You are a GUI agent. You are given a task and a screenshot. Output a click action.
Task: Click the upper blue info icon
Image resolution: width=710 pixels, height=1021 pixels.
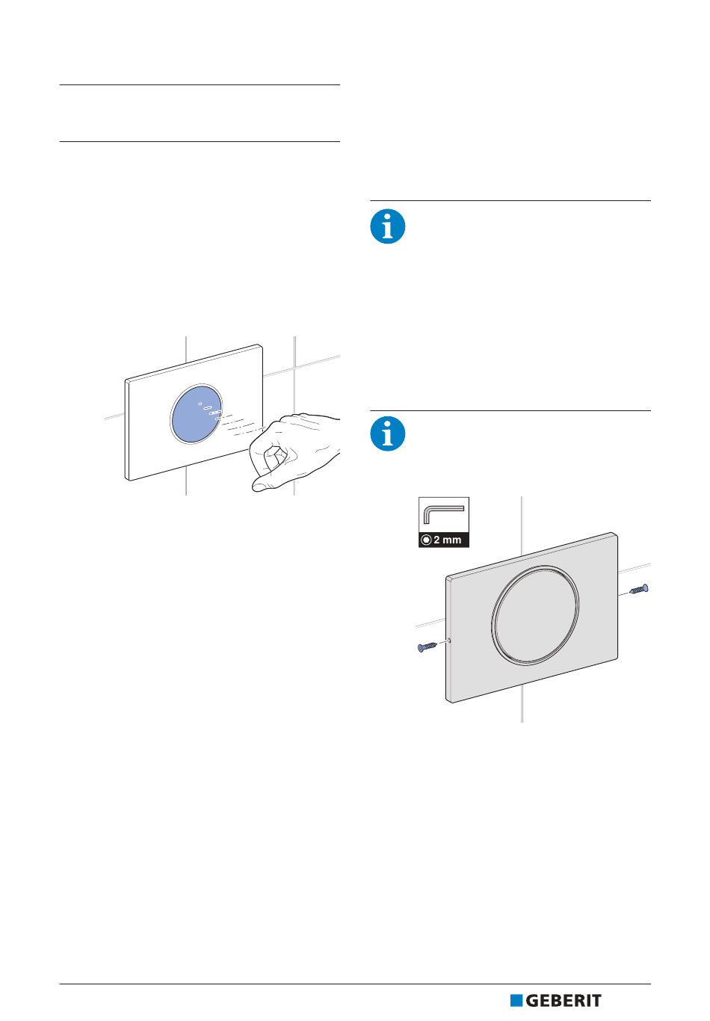point(387,226)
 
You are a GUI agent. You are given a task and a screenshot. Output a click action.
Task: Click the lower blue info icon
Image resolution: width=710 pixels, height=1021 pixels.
point(387,434)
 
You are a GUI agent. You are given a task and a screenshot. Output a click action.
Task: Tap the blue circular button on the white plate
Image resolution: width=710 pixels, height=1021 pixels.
point(197,414)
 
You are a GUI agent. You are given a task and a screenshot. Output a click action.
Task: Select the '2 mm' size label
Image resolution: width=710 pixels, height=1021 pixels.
point(447,540)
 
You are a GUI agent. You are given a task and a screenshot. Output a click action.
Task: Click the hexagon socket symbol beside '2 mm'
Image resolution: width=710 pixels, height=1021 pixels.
point(426,540)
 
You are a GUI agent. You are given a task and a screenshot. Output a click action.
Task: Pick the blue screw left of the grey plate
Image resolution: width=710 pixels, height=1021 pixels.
point(427,647)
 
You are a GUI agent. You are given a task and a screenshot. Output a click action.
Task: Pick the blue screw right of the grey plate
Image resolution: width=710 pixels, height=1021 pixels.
point(639,589)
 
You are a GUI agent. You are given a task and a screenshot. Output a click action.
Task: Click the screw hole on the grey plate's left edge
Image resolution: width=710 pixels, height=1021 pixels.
point(449,641)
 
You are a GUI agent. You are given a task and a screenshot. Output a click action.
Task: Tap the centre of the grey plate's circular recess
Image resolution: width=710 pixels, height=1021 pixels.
point(535,615)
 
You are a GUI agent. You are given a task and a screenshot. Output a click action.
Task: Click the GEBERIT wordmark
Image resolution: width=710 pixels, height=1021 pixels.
point(564,1001)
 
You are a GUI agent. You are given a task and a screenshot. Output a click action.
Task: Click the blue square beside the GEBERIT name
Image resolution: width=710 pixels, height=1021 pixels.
point(516,1001)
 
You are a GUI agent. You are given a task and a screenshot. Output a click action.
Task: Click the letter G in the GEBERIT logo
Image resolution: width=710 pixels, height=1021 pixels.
point(532,1001)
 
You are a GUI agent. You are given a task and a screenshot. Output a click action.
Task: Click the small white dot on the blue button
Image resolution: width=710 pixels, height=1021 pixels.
point(200,404)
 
